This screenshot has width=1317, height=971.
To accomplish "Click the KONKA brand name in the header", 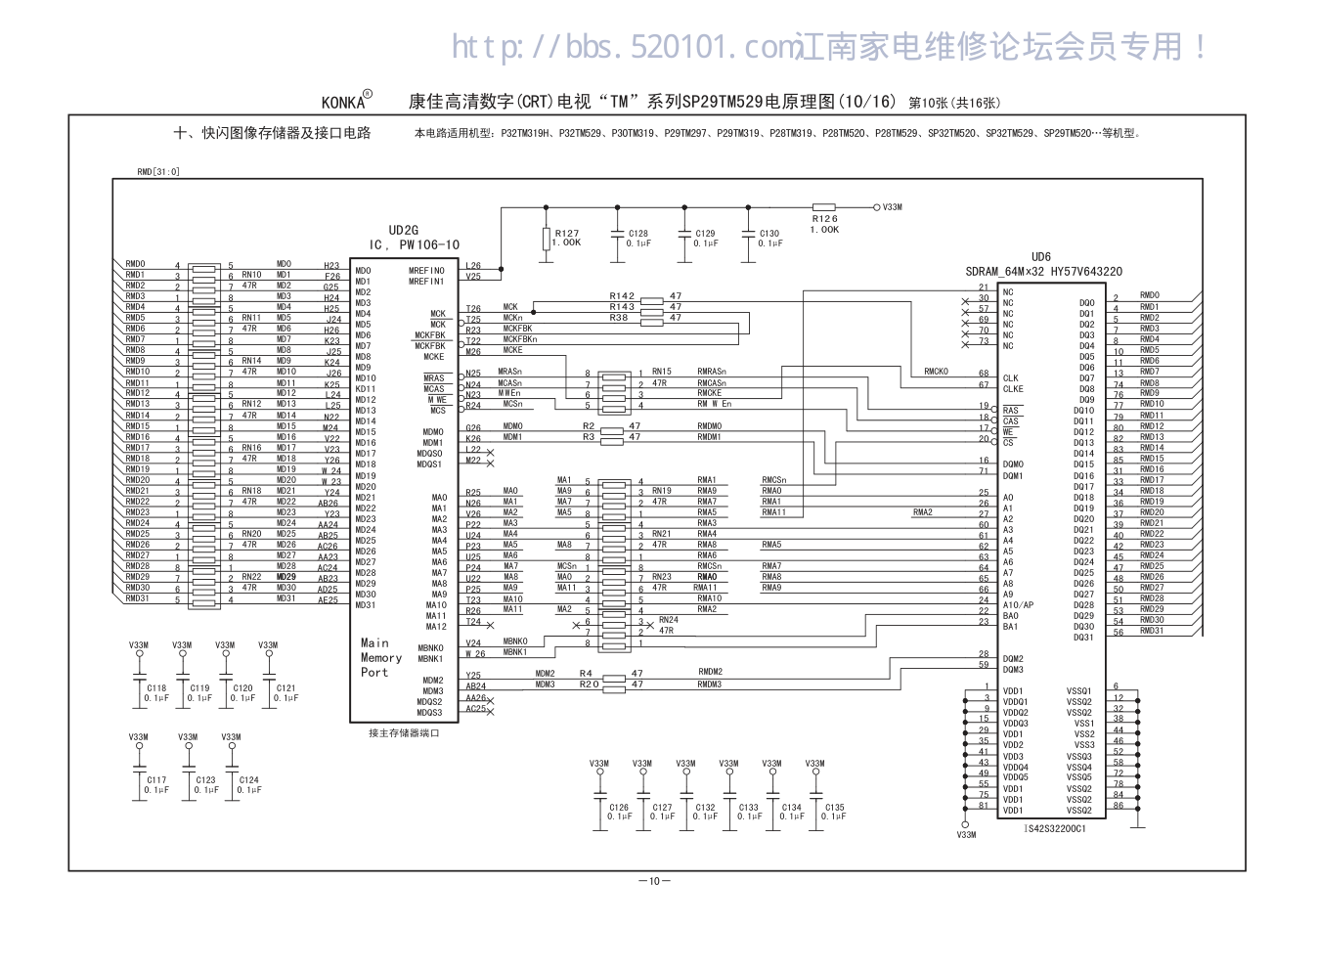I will coord(343,102).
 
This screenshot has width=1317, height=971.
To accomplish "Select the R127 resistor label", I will coord(567,234).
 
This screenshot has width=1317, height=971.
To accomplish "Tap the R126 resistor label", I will coord(824,219).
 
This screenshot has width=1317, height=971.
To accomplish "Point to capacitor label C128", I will coord(637,234).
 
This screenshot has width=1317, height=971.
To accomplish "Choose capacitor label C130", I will coord(769,234).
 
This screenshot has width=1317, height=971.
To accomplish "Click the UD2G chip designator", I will coord(403,231).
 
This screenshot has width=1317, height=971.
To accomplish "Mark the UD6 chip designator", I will coord(1041,257).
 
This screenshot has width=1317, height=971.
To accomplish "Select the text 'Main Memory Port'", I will coord(380,658).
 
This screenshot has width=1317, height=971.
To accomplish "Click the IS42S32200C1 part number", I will coord(1055,828).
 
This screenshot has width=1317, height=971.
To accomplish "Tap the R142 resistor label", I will coord(622,295).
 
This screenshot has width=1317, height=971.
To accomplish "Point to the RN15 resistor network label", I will coord(662,372).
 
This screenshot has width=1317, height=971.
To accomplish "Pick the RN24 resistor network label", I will coord(668,620).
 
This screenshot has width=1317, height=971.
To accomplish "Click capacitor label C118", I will coord(156,688).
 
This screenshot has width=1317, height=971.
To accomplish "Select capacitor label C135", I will coord(834,808).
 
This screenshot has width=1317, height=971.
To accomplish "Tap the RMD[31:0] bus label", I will coord(158,172).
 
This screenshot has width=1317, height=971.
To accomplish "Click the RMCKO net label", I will coord(936,372).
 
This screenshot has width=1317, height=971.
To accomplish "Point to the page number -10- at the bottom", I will coord(654,881).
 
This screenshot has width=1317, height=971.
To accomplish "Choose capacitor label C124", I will coord(248,780).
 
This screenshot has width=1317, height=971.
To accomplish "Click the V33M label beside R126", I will coord(892,207).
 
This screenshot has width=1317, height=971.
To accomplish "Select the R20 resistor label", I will coord(588,684).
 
